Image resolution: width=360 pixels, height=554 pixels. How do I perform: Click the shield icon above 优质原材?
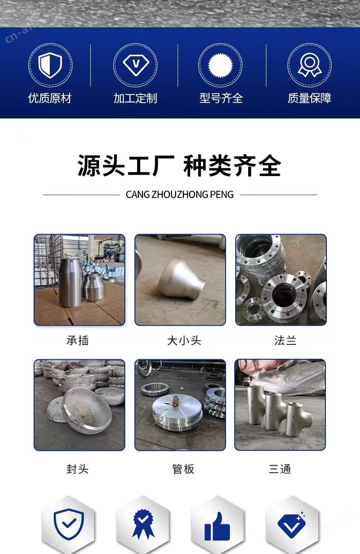click(x=50, y=65)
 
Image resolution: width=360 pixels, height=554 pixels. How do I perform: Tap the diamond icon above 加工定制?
click(x=136, y=64)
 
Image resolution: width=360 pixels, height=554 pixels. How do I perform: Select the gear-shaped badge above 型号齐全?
click(x=220, y=65)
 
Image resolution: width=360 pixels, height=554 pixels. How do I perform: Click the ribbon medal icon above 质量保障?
click(x=310, y=65)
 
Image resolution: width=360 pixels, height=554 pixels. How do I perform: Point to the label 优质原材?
click(x=50, y=98)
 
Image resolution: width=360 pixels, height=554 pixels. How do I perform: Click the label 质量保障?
click(x=310, y=98)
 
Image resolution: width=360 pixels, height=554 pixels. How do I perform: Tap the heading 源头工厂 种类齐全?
click(x=180, y=165)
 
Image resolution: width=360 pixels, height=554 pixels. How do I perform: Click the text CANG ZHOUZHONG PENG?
click(x=180, y=194)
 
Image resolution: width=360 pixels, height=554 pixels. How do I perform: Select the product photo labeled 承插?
click(x=79, y=280)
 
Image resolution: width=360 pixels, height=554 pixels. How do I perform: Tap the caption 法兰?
click(x=285, y=340)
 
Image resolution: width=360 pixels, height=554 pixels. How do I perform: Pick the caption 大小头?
click(x=184, y=340)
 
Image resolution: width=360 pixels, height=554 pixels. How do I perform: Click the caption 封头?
click(x=77, y=469)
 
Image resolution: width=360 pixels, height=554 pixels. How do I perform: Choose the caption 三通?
click(x=280, y=469)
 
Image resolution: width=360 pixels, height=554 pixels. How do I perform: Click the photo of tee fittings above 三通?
click(x=280, y=405)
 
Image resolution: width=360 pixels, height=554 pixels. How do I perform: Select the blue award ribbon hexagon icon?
click(x=143, y=524)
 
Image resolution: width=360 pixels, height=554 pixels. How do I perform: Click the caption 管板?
click(x=183, y=469)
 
